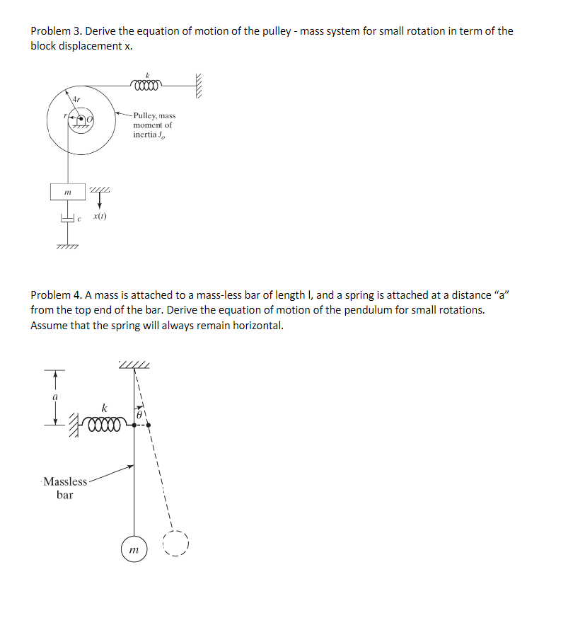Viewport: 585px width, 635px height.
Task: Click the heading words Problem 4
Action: click(54, 294)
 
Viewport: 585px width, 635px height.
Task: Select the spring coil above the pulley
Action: click(147, 84)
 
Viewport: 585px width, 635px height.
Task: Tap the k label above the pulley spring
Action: click(148, 74)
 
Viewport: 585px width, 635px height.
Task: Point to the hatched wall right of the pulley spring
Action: click(199, 84)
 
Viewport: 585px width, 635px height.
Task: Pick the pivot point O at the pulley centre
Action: click(91, 120)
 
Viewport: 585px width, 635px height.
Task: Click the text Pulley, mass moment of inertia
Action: click(154, 125)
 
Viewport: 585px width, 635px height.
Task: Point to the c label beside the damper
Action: click(81, 218)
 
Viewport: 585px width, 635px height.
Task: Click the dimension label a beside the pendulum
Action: click(54, 398)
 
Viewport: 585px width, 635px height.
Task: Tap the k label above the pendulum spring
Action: click(105, 408)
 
